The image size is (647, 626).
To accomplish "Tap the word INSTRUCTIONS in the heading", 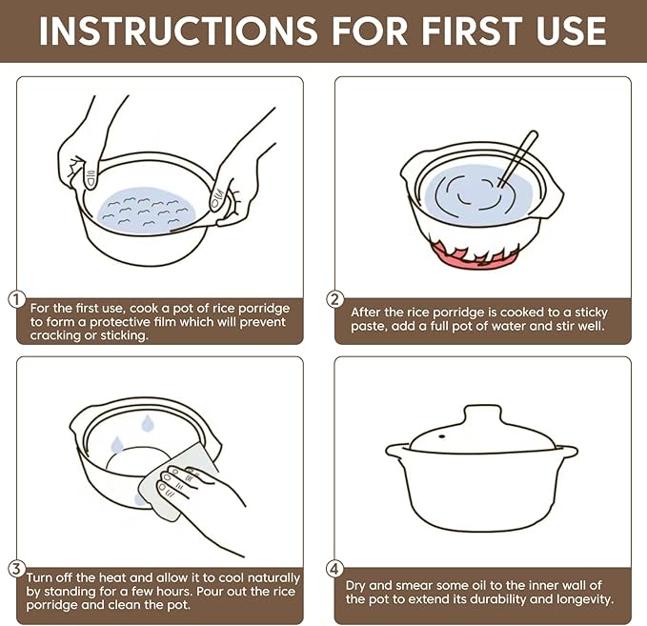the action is pyautogui.click(x=178, y=30).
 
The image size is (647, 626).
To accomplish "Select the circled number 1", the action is pyautogui.click(x=17, y=299).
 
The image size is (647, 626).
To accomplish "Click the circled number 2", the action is pyautogui.click(x=335, y=299).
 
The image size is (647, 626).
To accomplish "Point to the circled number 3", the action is pyautogui.click(x=16, y=569).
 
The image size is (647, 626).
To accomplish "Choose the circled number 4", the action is pyautogui.click(x=334, y=569).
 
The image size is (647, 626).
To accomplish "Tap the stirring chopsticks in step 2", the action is pyautogui.click(x=517, y=159).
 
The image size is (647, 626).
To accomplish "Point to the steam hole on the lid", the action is pyautogui.click(x=442, y=436).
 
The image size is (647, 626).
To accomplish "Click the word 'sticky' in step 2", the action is pyautogui.click(x=591, y=312).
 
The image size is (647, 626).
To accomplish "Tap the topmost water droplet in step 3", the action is pyautogui.click(x=147, y=424).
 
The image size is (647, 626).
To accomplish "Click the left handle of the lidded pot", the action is pyautogui.click(x=397, y=451).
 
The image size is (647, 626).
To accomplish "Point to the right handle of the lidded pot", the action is pyautogui.click(x=567, y=451).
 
